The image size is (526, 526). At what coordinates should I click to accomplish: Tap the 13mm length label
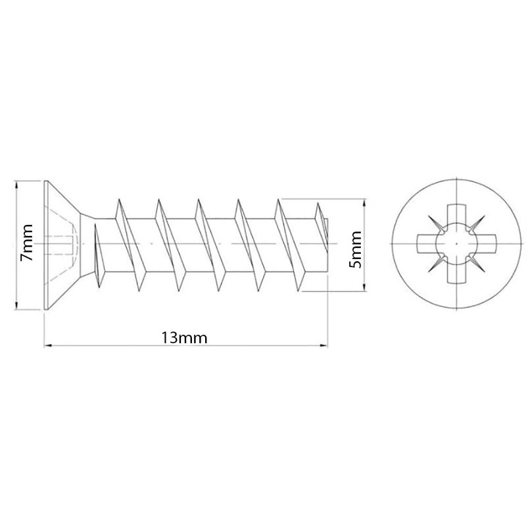[184, 337]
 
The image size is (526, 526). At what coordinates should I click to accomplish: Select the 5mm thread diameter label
[356, 249]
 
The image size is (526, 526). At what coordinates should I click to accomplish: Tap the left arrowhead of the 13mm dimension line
[47, 345]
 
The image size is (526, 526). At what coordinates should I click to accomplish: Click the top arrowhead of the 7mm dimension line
[16, 185]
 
